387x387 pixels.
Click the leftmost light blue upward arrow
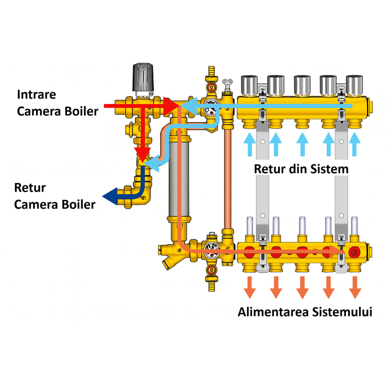(249, 144)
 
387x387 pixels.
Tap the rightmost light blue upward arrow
(355, 144)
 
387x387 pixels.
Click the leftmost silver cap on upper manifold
(249, 84)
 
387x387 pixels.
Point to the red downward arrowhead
(142, 154)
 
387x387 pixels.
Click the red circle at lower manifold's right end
(355, 252)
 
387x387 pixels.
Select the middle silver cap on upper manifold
(302, 84)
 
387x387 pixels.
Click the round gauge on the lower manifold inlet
(210, 248)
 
